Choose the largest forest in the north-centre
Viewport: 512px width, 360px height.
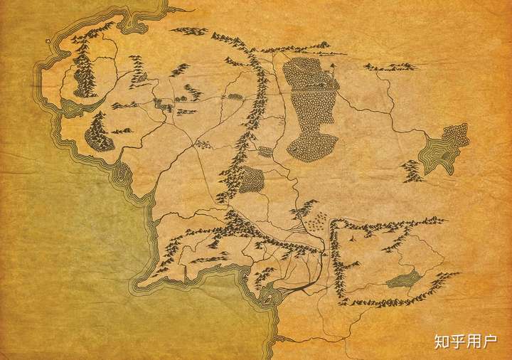tap(309, 107)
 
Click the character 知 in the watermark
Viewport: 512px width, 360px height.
tap(441, 342)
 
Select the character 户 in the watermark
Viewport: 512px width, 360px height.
tap(490, 342)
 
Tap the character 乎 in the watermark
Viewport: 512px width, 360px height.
tap(457, 342)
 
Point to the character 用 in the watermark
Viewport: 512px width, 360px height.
tap(474, 342)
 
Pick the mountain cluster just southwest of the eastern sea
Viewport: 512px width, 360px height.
tap(410, 171)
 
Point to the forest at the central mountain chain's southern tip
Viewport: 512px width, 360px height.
tap(251, 181)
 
